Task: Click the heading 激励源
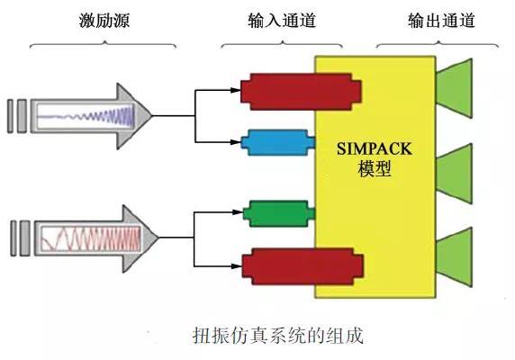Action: pyautogui.click(x=104, y=21)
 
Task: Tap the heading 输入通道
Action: pyautogui.click(x=282, y=21)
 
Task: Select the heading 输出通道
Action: pyautogui.click(x=441, y=21)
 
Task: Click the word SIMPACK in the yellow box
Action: pyautogui.click(x=375, y=148)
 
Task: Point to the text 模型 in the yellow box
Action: pyautogui.click(x=375, y=168)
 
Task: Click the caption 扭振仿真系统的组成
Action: pyautogui.click(x=278, y=336)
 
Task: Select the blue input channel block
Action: pyautogui.click(x=278, y=142)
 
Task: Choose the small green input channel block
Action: pyautogui.click(x=279, y=213)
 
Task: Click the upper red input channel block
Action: pyautogui.click(x=302, y=92)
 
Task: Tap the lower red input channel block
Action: pyautogui.click(x=303, y=266)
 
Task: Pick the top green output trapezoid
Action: pyautogui.click(x=455, y=88)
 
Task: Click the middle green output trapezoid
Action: pyautogui.click(x=455, y=174)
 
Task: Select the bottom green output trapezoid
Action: pyautogui.click(x=455, y=257)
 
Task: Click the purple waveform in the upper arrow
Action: pyautogui.click(x=86, y=116)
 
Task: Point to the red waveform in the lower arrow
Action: pyautogui.click(x=91, y=238)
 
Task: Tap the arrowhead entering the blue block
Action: pyautogui.click(x=236, y=142)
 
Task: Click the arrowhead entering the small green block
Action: pyautogui.click(x=238, y=212)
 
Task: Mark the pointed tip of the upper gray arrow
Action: pyautogui.click(x=152, y=116)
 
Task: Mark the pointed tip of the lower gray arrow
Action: pyautogui.click(x=158, y=238)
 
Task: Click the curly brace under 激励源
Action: pyautogui.click(x=104, y=44)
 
